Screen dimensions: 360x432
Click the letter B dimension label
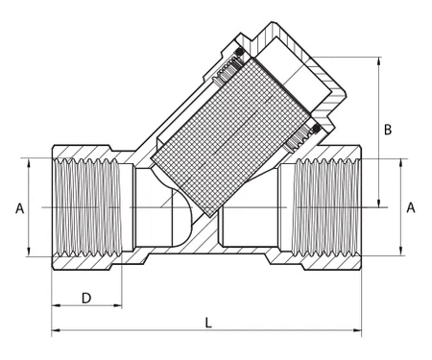(x=388, y=129)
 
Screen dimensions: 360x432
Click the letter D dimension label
(x=85, y=298)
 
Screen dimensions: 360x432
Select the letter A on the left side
(x=18, y=207)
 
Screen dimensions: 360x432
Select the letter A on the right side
(x=411, y=207)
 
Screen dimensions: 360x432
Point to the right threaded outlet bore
(x=327, y=207)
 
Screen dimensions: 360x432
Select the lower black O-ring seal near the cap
(x=312, y=133)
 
